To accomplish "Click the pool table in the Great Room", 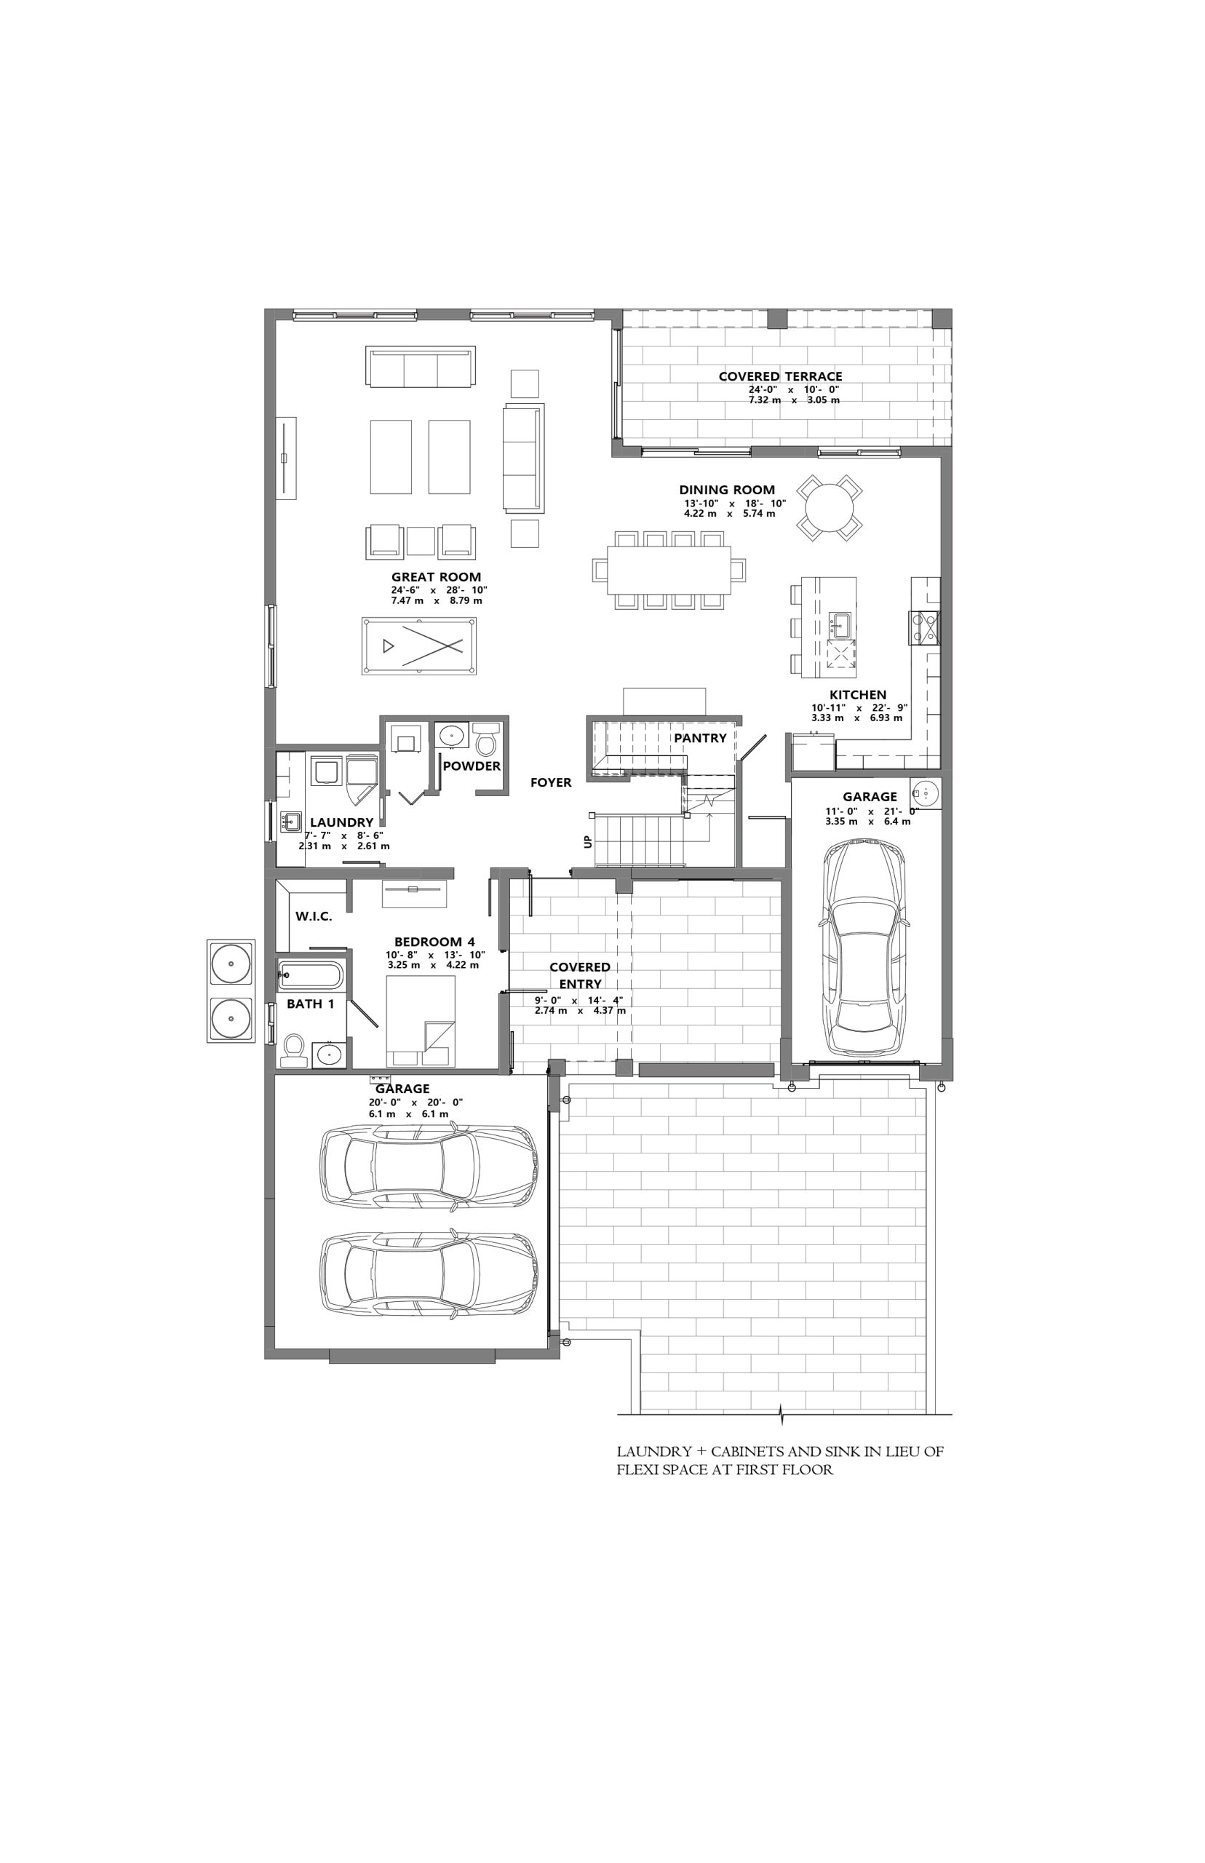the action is point(419,646).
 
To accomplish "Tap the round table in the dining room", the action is point(830,507).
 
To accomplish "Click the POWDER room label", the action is point(472,766).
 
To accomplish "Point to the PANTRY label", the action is point(700,738).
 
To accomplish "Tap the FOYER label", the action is point(551,782).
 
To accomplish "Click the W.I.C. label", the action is point(314,916).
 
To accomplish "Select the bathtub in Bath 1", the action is point(310,976).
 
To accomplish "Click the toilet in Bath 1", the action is point(293,1050).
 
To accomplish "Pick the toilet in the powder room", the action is point(488,738).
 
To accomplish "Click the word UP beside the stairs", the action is point(588,842).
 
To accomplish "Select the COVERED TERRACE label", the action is point(780,376).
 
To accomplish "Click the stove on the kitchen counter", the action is point(924,627).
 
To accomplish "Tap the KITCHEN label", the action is point(858,695).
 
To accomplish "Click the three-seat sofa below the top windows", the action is point(420,366).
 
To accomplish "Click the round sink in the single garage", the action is point(926,793).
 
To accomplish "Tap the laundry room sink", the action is point(293,822).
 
